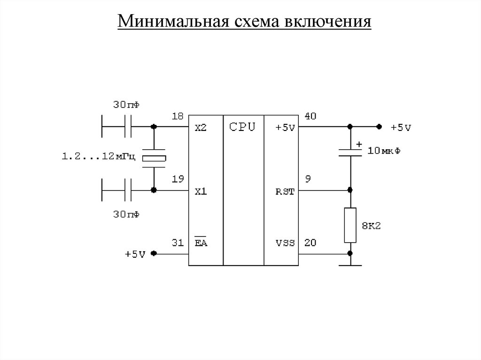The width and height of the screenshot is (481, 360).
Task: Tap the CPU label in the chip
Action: point(242,127)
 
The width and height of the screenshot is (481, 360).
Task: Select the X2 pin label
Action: point(201,128)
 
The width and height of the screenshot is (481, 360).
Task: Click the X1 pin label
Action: point(201,191)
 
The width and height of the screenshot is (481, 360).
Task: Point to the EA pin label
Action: point(202,243)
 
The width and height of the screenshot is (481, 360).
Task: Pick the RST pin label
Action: point(285,191)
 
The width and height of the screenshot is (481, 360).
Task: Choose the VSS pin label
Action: point(285,243)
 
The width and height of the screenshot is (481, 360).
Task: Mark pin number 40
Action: point(311,116)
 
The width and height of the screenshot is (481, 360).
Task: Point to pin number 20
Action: point(311,242)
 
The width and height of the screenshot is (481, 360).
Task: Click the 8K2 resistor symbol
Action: point(350,225)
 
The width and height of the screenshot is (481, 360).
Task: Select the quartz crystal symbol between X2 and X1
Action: point(154,159)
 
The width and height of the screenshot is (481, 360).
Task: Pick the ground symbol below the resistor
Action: point(350,265)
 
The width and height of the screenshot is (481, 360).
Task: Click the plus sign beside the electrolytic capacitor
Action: point(359,144)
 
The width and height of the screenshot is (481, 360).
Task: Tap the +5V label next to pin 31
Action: point(135,254)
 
